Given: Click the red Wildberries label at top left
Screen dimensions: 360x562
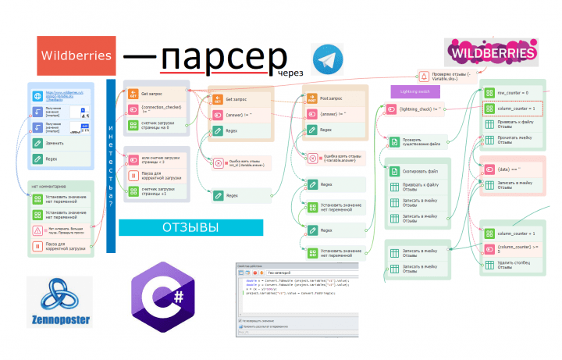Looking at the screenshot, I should pos(76,55).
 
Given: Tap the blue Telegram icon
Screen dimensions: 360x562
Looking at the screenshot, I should pos(328,59).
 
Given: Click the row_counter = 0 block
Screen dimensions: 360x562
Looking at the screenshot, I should pos(510,93).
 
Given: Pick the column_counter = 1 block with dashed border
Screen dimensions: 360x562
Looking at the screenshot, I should pos(510,109).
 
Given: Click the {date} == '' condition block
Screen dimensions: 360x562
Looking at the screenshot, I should pos(510,169).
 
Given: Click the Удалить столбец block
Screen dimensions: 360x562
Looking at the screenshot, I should pos(510,264).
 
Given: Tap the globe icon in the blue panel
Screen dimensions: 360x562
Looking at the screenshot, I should pos(37,96).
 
